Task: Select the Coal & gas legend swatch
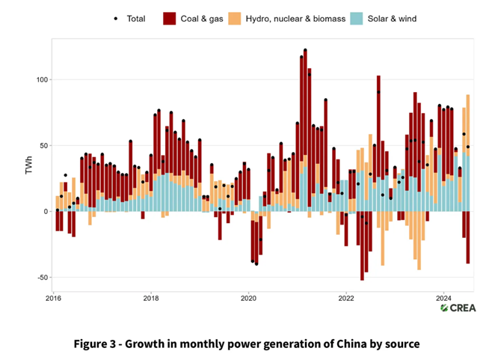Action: [x=170, y=18]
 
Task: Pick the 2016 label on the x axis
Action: [x=54, y=298]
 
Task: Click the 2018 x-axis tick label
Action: [x=151, y=298]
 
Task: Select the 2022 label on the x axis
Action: [x=345, y=298]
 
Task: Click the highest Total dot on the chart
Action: [x=305, y=51]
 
